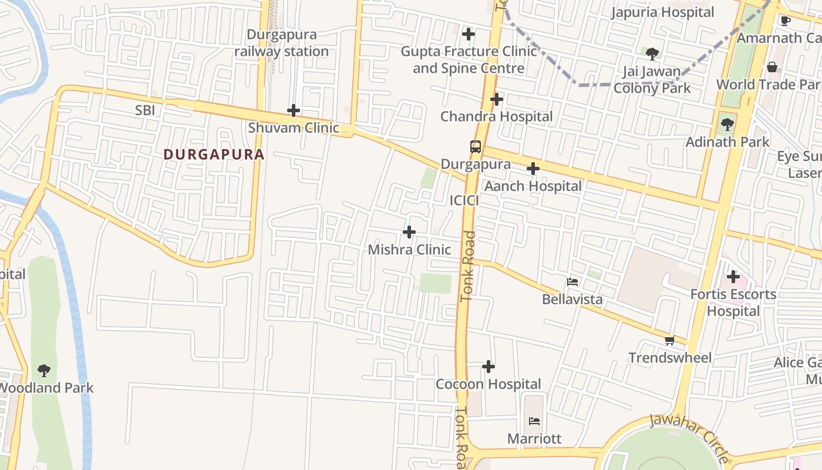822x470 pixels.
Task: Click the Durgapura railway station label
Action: [x=281, y=43]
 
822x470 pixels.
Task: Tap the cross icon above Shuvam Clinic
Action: [x=294, y=110]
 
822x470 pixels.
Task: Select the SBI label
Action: [x=145, y=110]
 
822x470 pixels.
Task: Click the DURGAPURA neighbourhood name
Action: [x=214, y=155]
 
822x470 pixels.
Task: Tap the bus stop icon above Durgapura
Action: [x=476, y=147]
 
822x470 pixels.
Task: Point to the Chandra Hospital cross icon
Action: [x=497, y=99]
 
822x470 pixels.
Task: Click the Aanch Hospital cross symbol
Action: [x=533, y=169]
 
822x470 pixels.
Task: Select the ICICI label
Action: [x=464, y=200]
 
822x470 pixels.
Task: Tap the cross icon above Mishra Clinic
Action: [x=409, y=233]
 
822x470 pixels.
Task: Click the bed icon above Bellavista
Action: [x=572, y=282]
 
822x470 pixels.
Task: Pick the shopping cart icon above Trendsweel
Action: [x=670, y=341]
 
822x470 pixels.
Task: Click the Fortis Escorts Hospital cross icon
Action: [x=733, y=277]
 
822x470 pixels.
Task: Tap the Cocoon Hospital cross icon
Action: [x=489, y=367]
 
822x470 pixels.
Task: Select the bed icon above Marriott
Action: [x=534, y=421]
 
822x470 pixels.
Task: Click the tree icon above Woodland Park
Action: [x=44, y=371]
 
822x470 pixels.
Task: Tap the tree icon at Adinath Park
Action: [x=727, y=125]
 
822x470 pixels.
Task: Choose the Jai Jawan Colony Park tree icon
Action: [x=652, y=55]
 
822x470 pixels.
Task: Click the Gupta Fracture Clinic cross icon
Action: [x=469, y=34]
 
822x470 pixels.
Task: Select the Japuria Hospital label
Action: [x=662, y=12]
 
